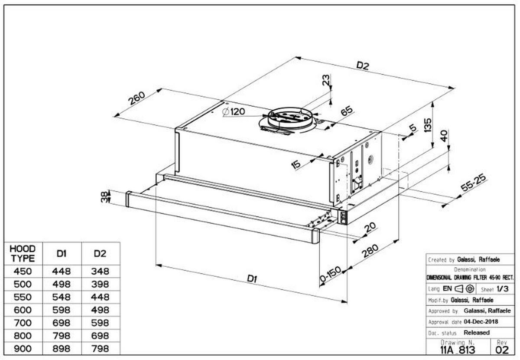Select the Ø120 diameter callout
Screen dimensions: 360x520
point(234,112)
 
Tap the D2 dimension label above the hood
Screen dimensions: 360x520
point(363,66)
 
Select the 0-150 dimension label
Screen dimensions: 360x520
point(331,275)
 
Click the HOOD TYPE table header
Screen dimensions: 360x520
point(22,253)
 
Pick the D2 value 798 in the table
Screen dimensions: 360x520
point(100,349)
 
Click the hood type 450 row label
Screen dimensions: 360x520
point(22,272)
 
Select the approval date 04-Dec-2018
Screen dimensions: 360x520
point(481,322)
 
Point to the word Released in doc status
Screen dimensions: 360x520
point(477,333)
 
